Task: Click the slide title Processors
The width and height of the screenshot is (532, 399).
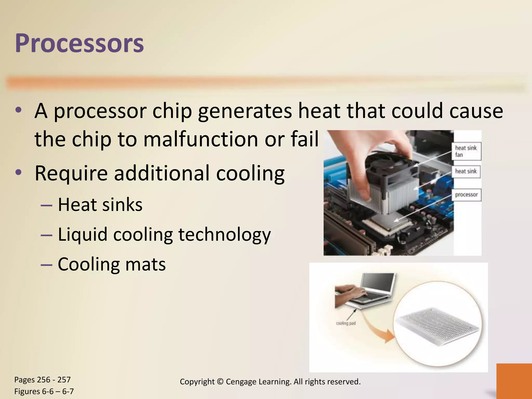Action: coord(79,43)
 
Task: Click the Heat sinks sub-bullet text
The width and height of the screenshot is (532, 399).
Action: coord(100,205)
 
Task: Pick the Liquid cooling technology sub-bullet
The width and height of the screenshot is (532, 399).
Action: coord(164,234)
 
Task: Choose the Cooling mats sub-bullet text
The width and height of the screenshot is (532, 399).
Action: coord(111,264)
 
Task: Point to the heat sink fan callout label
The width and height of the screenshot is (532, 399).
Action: coord(466,151)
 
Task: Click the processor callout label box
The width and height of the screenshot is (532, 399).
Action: coord(466,195)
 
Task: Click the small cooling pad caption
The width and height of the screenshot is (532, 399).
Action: coord(345,323)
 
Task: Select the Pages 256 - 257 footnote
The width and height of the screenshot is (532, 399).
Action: coord(42,380)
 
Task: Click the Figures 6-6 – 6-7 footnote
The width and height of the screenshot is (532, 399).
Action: coord(44,391)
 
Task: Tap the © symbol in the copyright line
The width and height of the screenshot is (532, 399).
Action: coord(220,382)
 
